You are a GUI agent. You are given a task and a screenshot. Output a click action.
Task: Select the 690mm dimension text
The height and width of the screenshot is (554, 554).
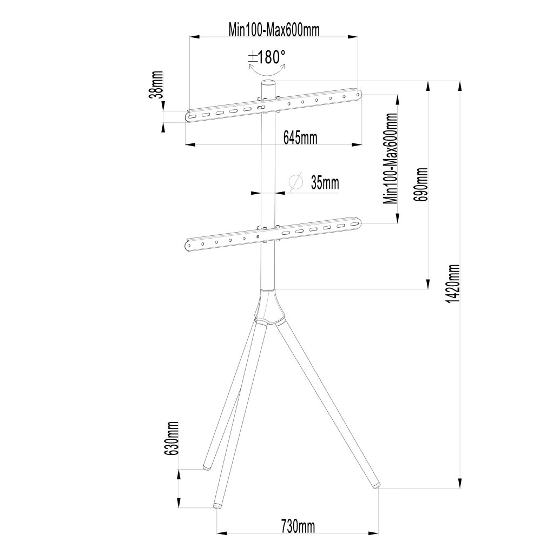421,184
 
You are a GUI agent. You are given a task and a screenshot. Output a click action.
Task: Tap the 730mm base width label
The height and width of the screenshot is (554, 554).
298,525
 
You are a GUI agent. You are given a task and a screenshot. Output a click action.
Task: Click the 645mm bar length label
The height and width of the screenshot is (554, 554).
300,137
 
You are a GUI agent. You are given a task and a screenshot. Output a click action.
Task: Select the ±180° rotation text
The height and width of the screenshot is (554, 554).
267,56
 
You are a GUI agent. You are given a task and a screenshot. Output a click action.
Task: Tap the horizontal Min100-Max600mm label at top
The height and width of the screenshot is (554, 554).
274,30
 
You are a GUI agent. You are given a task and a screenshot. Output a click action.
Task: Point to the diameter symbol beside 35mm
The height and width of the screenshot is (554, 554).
295,182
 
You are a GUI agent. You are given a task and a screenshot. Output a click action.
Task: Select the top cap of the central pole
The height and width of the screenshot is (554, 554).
268,82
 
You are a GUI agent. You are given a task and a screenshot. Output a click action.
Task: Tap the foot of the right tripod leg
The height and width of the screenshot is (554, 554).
375,486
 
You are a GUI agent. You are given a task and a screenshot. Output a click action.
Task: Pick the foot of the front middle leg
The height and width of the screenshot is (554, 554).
217,505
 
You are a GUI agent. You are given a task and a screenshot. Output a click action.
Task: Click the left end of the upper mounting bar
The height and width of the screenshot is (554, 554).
189,116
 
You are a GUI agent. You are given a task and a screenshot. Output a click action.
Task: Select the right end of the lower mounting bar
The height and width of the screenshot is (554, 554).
355,223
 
